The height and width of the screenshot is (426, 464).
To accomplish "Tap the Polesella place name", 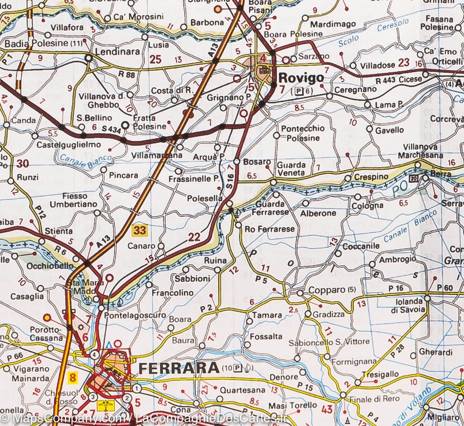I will [205, 198].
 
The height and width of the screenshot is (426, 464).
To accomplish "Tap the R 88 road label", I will [127, 75].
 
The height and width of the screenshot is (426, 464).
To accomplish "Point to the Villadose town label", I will [377, 65].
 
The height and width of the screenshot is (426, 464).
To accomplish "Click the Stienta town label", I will [59, 231].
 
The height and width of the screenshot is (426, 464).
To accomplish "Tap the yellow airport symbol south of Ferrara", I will [105, 406].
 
